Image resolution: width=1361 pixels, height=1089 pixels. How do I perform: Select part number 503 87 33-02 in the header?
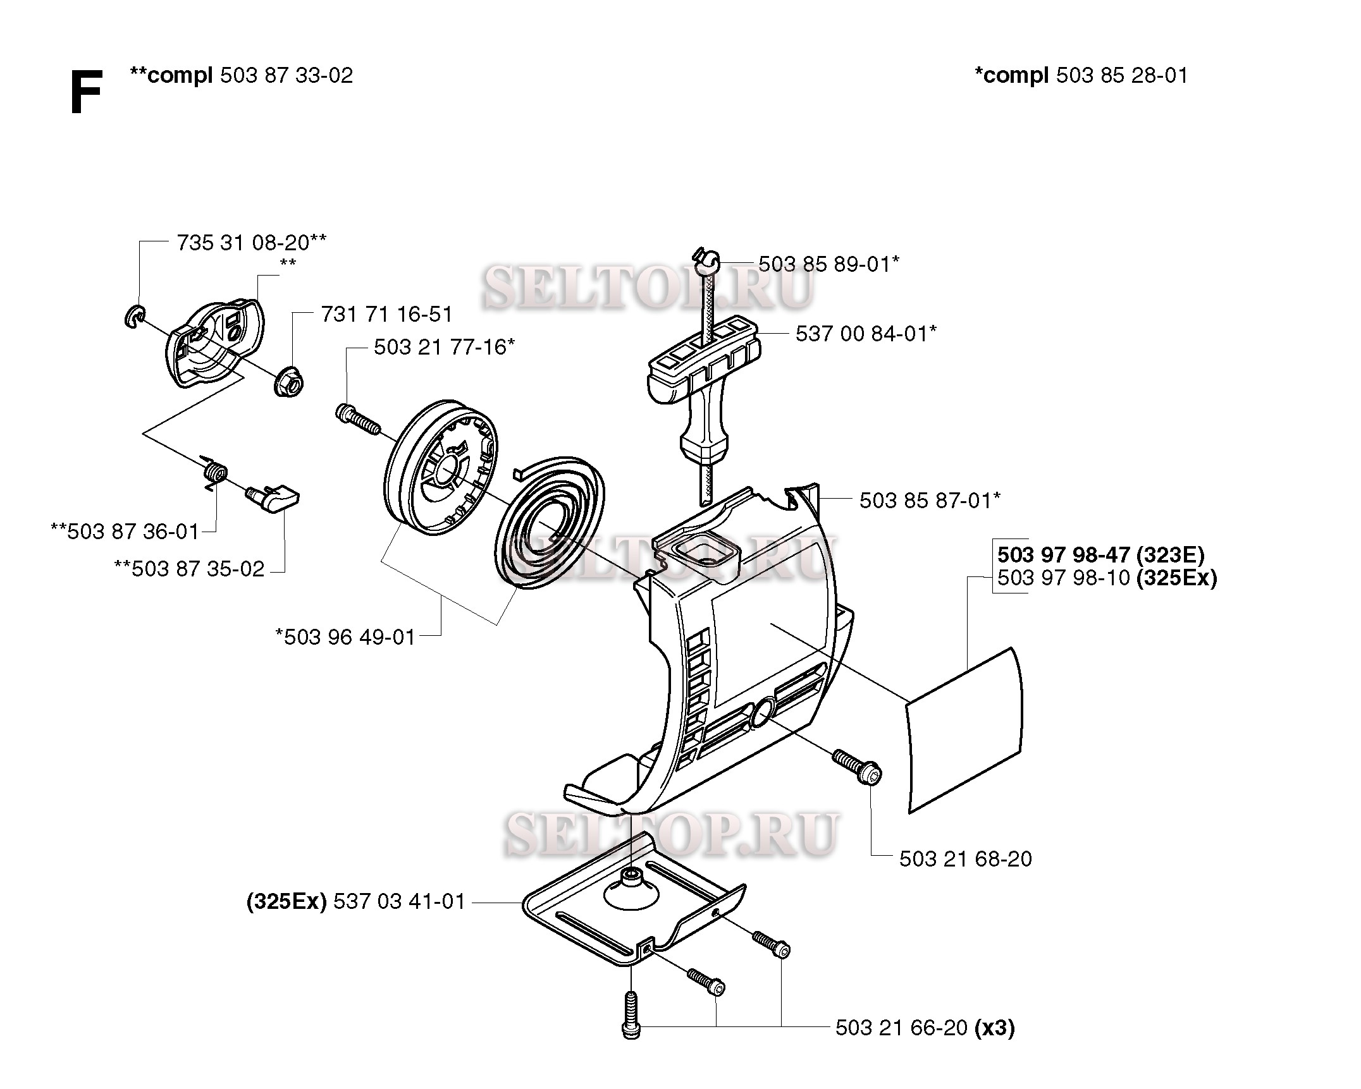coord(286,76)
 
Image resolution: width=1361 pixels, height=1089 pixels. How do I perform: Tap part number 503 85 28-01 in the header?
coord(1121,76)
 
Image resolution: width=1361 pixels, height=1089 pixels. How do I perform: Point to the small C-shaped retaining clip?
coord(134,316)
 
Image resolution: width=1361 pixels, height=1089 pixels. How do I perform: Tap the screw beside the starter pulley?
coord(356,419)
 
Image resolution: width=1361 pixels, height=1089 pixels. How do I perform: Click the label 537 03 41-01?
coord(398,901)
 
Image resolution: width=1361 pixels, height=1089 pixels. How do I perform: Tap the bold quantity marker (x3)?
coord(995,1028)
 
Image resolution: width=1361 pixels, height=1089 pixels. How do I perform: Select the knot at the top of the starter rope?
coord(707,259)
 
